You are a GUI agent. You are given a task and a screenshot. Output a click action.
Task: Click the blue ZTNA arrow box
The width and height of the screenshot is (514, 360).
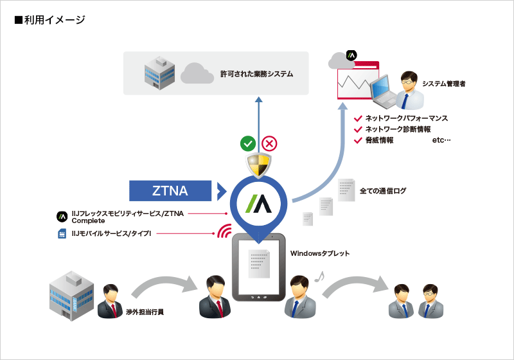(170, 190)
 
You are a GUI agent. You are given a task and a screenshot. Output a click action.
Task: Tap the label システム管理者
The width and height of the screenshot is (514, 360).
(444, 84)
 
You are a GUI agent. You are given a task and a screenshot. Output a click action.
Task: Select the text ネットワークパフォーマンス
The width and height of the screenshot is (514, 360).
(406, 118)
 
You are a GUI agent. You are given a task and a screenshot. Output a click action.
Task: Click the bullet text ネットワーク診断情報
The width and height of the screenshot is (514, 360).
(398, 129)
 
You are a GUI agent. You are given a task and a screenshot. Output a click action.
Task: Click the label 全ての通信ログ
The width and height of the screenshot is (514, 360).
(383, 191)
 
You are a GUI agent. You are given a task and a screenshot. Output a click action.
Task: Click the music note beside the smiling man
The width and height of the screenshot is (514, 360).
(319, 276)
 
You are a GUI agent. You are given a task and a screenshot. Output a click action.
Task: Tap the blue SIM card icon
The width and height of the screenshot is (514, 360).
(62, 233)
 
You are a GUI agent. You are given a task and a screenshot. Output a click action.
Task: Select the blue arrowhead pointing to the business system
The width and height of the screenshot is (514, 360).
(258, 100)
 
